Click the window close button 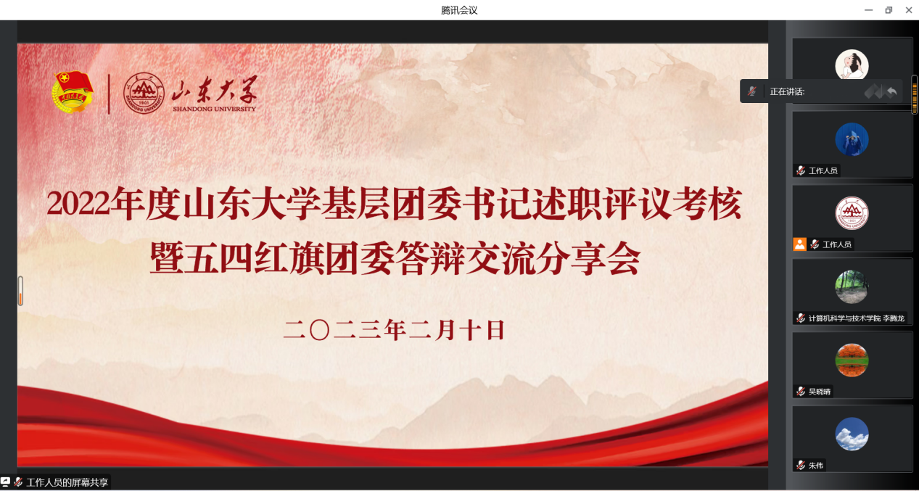[908, 10]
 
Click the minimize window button [868, 10]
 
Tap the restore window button [889, 10]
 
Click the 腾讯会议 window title [459, 10]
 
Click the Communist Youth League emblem [73, 92]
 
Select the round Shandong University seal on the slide [144, 93]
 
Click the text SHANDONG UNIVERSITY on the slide [214, 109]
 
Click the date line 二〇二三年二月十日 [394, 330]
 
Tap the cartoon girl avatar [852, 65]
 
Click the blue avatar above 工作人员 [852, 139]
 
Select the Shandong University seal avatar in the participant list [852, 213]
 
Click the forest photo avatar [852, 286]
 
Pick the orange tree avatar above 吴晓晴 [852, 360]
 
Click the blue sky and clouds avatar [852, 434]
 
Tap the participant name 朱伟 [815, 466]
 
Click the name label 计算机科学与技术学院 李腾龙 [856, 318]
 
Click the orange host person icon [799, 244]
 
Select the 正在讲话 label [787, 91]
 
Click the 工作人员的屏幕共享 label [67, 482]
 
